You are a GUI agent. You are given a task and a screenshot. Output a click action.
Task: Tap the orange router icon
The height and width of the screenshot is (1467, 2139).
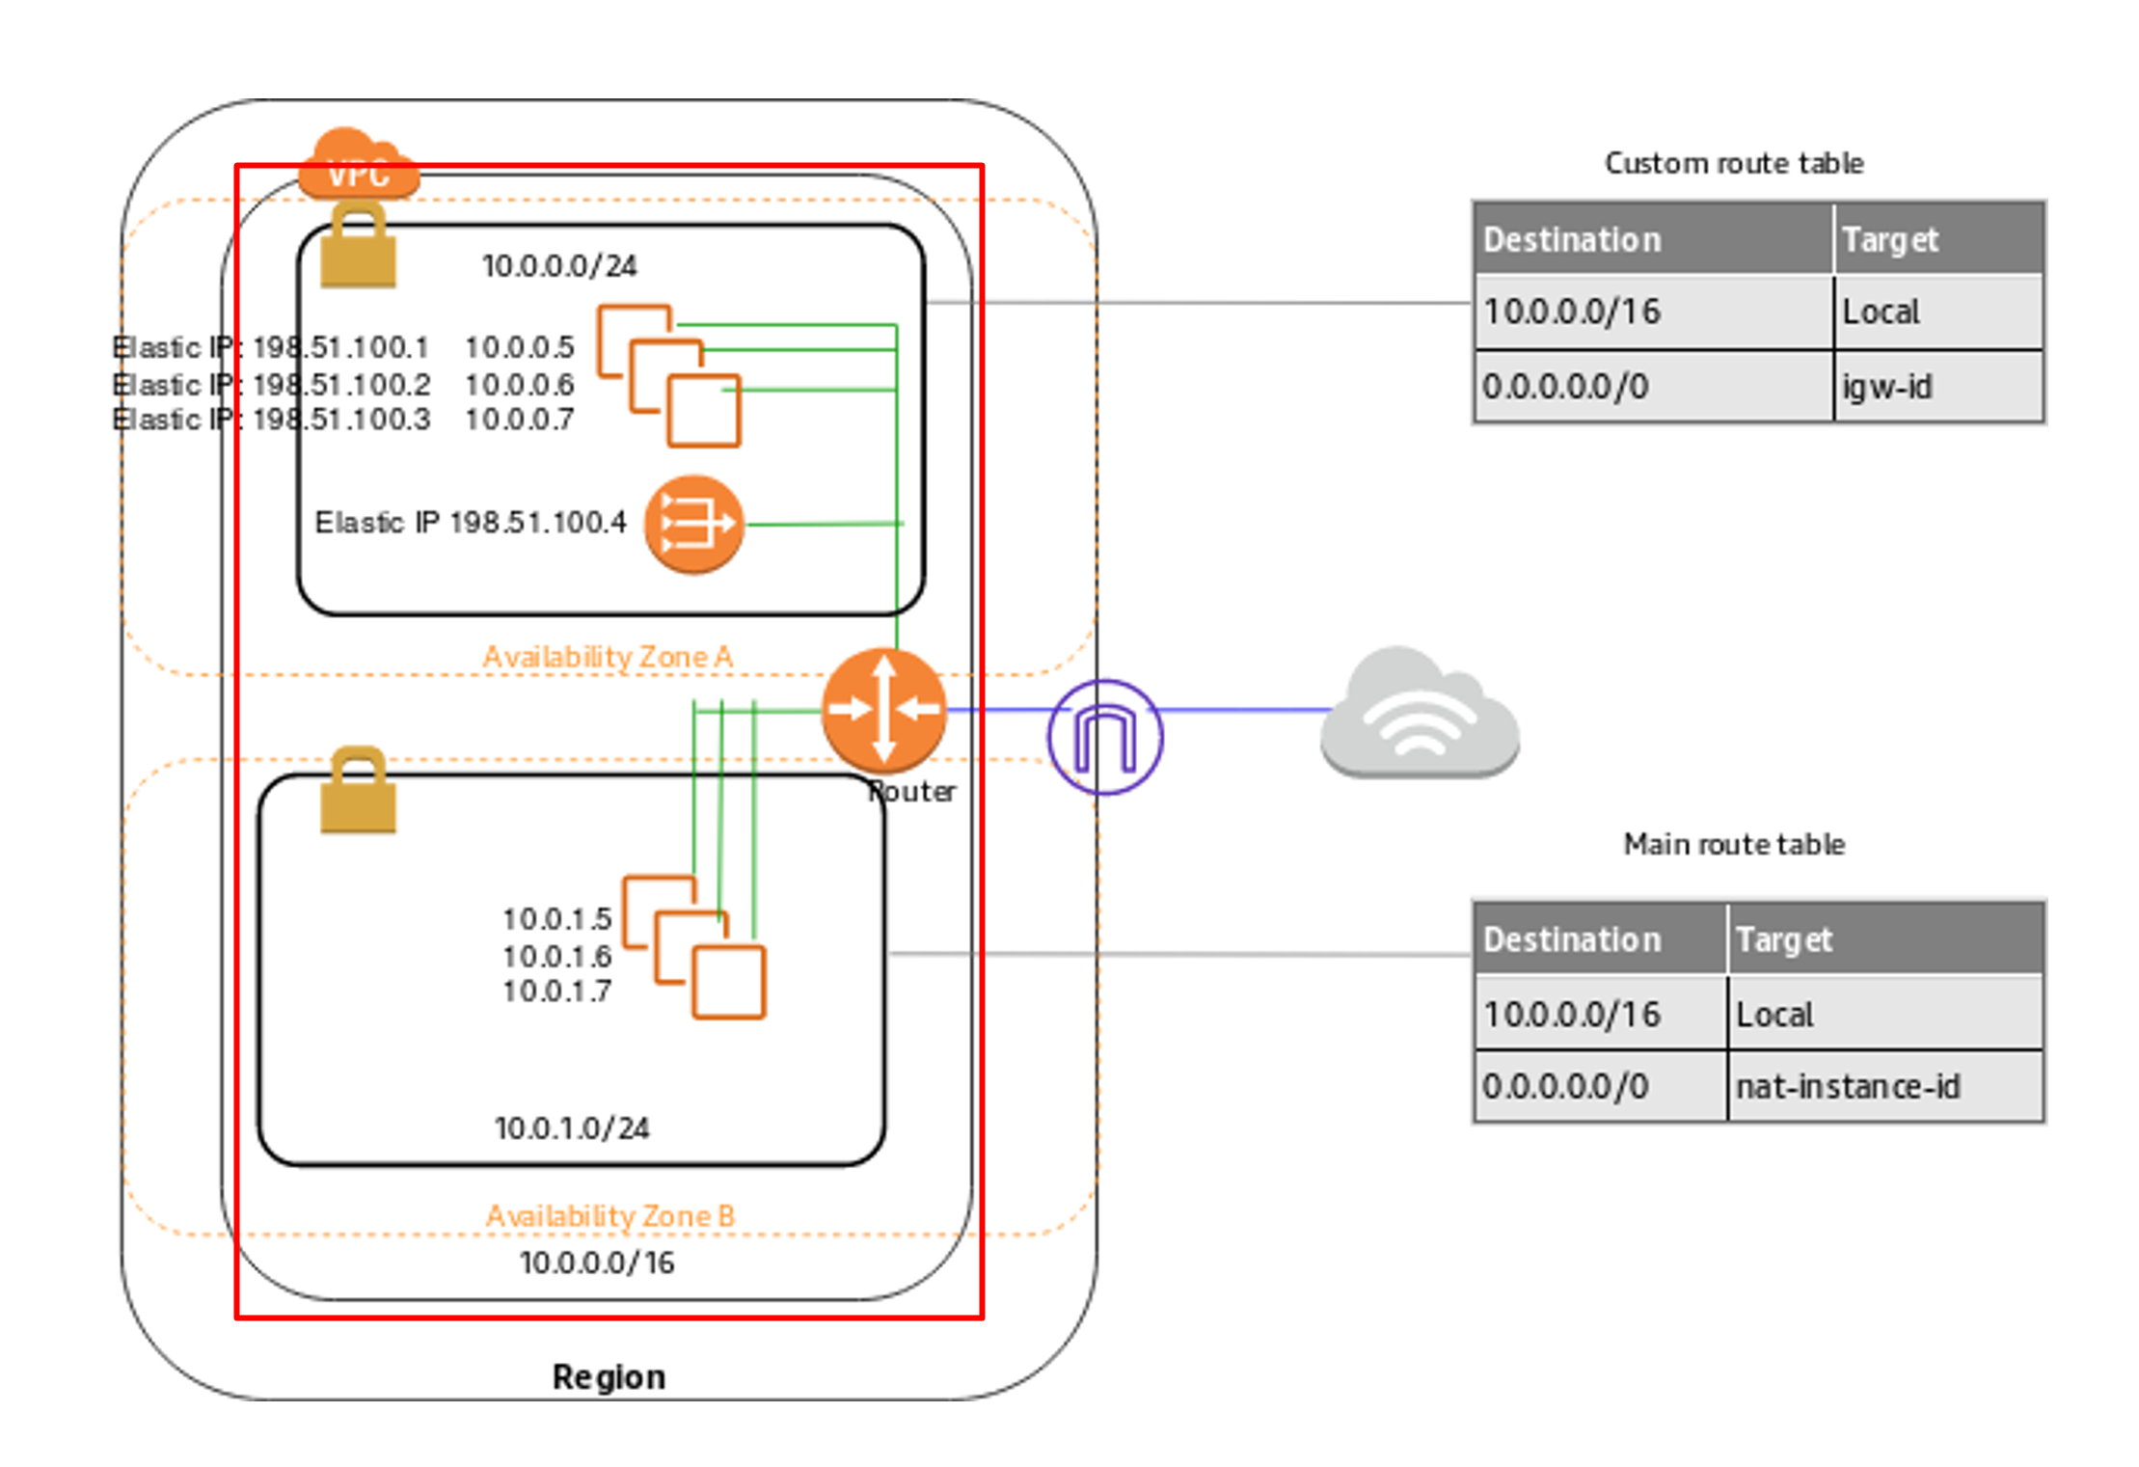click(x=883, y=711)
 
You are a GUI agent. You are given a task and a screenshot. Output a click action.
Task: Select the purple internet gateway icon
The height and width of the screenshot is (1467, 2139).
click(x=1105, y=738)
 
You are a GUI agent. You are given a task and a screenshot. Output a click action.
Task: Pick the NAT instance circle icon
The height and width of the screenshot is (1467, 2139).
click(x=694, y=525)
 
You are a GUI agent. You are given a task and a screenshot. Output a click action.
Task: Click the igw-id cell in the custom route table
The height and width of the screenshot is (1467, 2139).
click(x=1938, y=387)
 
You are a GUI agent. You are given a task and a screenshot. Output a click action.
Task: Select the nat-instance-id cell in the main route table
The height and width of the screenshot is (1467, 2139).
click(x=1885, y=1087)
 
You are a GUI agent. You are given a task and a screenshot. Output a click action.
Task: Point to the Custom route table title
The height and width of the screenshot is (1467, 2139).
click(x=1734, y=163)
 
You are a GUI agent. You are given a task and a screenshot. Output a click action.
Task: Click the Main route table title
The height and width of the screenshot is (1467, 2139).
click(x=1734, y=844)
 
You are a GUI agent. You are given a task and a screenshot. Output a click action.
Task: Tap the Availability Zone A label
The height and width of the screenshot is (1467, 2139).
click(x=608, y=657)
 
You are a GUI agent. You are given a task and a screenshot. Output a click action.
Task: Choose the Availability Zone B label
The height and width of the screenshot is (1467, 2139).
click(x=610, y=1215)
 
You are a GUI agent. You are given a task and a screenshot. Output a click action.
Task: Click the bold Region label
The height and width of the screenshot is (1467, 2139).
click(x=609, y=1376)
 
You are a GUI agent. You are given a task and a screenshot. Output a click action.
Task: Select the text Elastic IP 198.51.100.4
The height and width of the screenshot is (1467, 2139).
click(x=471, y=522)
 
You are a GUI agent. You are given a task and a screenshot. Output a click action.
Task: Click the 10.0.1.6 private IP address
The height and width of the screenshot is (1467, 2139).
click(x=557, y=956)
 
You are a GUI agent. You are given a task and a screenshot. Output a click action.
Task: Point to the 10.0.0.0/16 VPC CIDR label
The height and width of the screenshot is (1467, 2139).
click(x=597, y=1263)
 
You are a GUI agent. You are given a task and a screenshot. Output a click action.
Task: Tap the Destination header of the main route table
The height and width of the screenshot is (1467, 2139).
click(x=1572, y=939)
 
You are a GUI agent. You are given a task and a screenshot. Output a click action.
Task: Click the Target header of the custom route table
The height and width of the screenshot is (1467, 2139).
click(x=1889, y=239)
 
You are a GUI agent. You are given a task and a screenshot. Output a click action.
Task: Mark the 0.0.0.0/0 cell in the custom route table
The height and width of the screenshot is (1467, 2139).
click(x=1654, y=387)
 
